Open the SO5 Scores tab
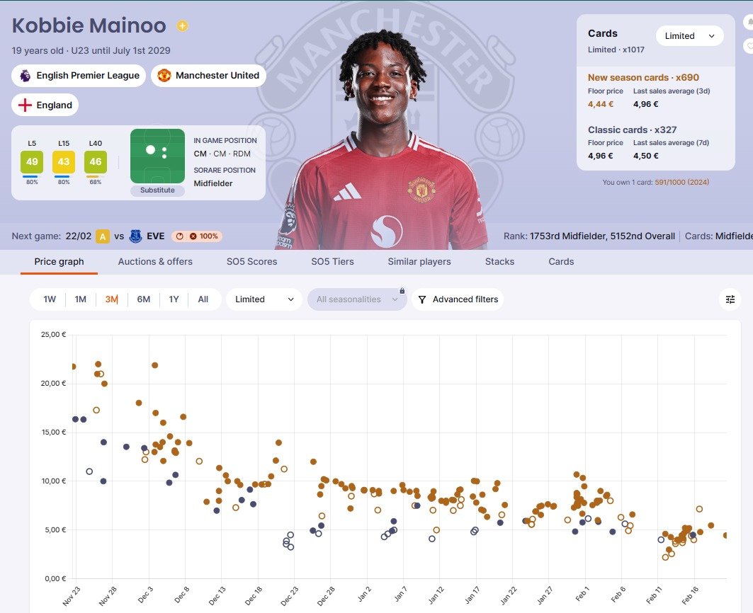(251, 261)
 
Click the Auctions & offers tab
(155, 261)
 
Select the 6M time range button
(143, 299)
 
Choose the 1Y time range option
(174, 299)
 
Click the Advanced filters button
(458, 299)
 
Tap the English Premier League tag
(79, 76)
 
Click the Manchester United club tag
(209, 76)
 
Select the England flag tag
(45, 105)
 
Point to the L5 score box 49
(32, 162)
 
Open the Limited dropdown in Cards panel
(689, 36)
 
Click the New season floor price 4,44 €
(601, 104)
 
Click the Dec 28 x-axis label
(327, 595)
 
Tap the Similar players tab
(419, 261)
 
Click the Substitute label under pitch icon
(157, 190)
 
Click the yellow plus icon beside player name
(182, 26)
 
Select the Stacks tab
(499, 261)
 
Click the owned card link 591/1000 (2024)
(681, 183)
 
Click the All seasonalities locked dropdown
(357, 299)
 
